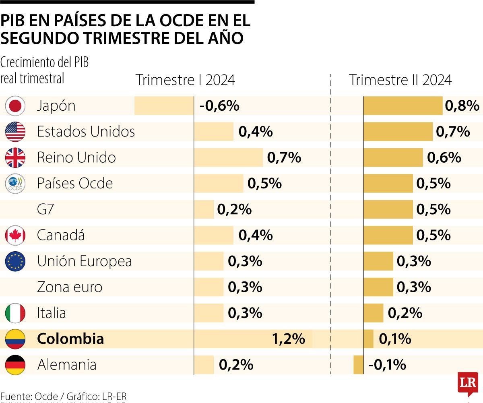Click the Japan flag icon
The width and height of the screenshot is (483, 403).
point(15,106)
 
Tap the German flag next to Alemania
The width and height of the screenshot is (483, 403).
point(15,365)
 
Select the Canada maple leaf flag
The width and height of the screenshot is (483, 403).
point(15,236)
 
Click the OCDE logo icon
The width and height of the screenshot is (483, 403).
point(15,184)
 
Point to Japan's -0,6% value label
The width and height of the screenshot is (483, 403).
point(219,106)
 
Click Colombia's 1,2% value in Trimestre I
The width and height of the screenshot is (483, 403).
point(289,339)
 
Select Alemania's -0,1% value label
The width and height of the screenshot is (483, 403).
point(387,365)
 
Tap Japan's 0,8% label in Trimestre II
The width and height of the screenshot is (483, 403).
point(462,106)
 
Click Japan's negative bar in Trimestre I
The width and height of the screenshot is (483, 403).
point(164,106)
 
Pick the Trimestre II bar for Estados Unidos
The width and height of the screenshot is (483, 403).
point(398,132)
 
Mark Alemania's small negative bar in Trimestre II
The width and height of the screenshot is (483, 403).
point(358,365)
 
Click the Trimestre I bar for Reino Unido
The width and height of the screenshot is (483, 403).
point(228,157)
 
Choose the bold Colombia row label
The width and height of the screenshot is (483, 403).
point(70,339)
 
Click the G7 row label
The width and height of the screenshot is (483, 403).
point(45,209)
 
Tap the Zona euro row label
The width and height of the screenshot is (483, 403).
point(70,287)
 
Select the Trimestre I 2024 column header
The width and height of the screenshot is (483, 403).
point(185,80)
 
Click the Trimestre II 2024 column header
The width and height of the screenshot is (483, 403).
point(400,80)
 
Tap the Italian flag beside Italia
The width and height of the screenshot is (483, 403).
point(15,313)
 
